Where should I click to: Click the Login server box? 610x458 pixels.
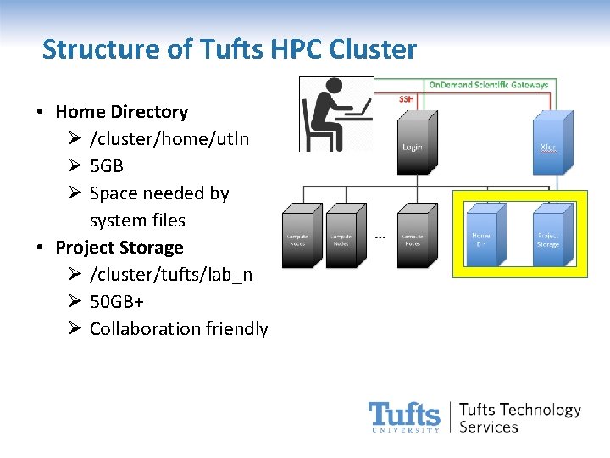412,146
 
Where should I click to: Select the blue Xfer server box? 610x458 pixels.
548,147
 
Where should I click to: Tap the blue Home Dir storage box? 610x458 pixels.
481,234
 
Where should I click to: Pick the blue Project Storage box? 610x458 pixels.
547,234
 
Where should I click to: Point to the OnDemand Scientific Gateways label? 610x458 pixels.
488,85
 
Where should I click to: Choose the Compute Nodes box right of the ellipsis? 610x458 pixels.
412,234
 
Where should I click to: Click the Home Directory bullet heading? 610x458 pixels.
121,111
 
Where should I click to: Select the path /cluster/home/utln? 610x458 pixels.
169,138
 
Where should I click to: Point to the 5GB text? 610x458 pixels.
107,165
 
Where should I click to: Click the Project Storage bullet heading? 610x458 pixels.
119,247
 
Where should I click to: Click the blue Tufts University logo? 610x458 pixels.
404,416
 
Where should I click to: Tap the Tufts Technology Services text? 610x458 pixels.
519,417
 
